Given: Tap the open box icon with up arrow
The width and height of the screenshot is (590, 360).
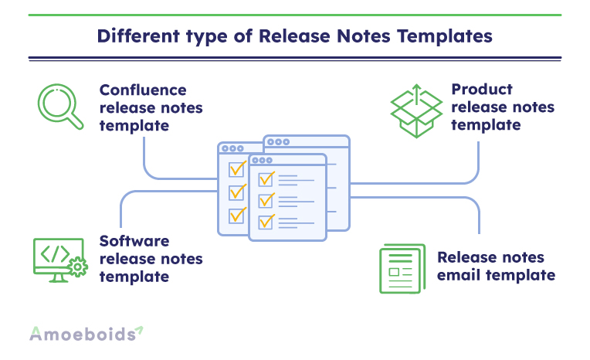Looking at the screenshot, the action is [416, 110].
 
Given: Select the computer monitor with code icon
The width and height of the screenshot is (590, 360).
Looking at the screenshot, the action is [59, 260].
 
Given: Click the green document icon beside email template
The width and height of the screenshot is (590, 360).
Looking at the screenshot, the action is [402, 269].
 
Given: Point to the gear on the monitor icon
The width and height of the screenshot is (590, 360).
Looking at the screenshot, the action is [78, 267].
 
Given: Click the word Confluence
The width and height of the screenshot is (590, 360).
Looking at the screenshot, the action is [143, 90].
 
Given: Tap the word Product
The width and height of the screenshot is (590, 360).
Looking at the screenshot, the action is [482, 90].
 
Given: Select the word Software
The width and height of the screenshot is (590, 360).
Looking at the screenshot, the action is [134, 241].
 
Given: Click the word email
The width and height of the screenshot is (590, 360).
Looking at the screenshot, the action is [459, 275].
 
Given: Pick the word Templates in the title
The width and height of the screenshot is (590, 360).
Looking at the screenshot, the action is [445, 36].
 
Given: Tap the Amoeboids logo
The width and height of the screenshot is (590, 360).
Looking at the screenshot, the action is [86, 334].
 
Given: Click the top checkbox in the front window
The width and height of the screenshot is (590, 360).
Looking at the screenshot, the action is [266, 179].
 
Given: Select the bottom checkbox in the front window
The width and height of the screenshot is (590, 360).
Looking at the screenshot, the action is [266, 222].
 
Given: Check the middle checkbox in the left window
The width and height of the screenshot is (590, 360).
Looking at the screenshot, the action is [236, 193].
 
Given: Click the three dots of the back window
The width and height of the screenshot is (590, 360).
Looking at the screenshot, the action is [279, 142].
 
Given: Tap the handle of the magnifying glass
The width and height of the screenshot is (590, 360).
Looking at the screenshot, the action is [75, 121].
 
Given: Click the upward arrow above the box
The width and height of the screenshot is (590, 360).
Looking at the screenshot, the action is [416, 94].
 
